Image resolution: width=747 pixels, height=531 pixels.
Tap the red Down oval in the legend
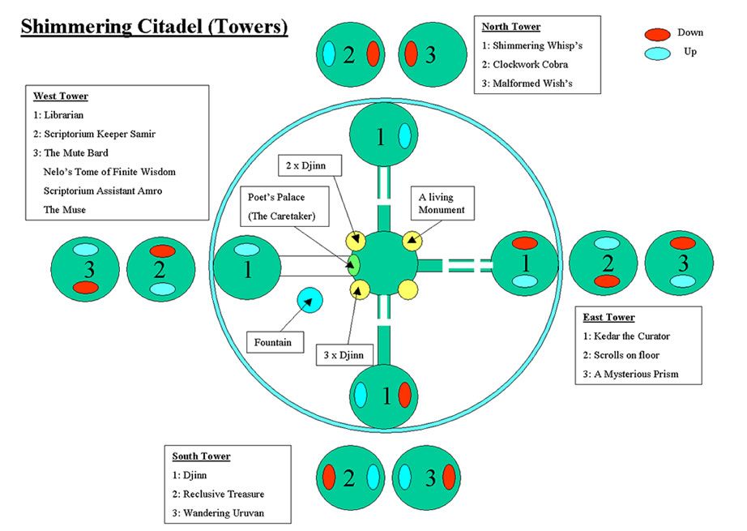657,35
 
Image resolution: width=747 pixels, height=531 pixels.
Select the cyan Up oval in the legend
657,54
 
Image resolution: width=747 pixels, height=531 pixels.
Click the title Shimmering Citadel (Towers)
154,27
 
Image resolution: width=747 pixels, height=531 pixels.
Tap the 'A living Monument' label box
442,203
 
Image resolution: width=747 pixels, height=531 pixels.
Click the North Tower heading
511,27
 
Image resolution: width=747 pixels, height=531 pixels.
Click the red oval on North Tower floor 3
411,55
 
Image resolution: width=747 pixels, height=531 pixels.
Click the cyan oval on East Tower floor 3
682,280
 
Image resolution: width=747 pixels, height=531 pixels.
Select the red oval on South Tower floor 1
404,396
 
